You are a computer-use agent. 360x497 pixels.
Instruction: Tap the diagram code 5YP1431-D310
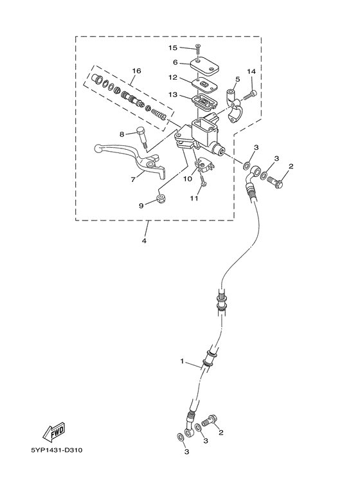pyautogui.click(x=57, y=450)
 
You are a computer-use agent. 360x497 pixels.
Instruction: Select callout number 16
pyautogui.click(x=136, y=71)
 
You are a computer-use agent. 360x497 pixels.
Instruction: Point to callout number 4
pyautogui.click(x=144, y=241)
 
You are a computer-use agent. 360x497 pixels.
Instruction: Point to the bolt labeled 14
pyautogui.click(x=251, y=94)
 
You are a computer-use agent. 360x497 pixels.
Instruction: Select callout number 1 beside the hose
pyautogui.click(x=182, y=361)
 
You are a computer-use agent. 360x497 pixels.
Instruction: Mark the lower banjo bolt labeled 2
pyautogui.click(x=210, y=421)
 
